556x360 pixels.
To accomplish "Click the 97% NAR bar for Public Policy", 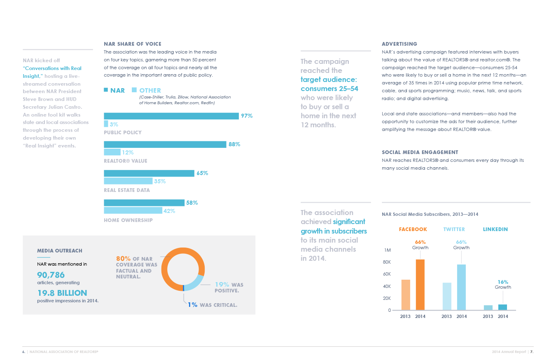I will (171, 116).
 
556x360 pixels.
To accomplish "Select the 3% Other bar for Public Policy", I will (106, 124).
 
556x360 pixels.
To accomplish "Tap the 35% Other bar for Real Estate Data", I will (128, 181).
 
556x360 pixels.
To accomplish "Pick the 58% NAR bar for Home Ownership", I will (144, 203).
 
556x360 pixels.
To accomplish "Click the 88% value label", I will (235, 145).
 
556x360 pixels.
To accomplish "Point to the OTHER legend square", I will (134, 90).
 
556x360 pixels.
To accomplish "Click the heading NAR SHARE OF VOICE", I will (132, 44).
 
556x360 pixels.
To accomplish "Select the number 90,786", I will (51, 275).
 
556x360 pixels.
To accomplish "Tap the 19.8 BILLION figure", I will (62, 293).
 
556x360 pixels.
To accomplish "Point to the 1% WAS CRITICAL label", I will (213, 305).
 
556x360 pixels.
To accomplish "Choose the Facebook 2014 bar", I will (420, 285).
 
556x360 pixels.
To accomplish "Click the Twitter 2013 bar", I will (447, 296).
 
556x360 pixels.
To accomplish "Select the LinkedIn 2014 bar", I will (502, 307).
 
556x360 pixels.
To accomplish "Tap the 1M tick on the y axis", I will (387, 250).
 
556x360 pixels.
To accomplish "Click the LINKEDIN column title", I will (495, 229).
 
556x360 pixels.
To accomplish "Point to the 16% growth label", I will (503, 282).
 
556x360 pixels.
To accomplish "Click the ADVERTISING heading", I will (399, 44).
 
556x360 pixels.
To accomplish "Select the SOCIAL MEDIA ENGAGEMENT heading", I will (420, 152).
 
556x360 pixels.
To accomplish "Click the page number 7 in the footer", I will (532, 352).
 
